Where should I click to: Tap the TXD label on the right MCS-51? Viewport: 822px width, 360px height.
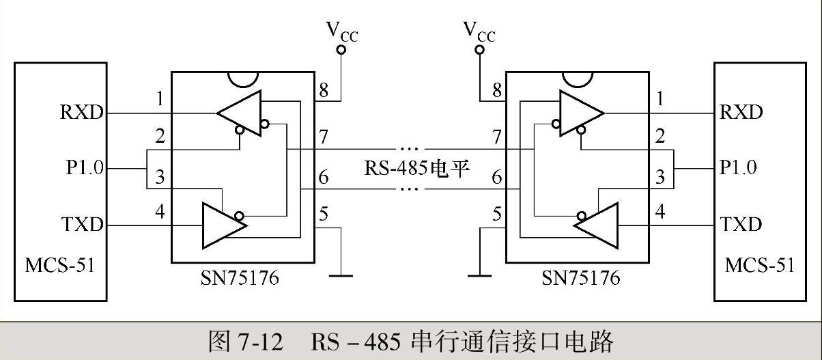pos(741,224)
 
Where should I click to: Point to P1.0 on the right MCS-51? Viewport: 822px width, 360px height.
pos(738,168)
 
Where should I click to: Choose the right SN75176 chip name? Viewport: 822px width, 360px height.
pos(580,279)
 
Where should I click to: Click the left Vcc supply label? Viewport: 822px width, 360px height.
pos(341,31)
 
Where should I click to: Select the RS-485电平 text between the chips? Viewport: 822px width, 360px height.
pos(416,168)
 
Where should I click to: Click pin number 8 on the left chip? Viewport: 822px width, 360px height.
pos(323,89)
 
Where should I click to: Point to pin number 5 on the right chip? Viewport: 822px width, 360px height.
pos(496,214)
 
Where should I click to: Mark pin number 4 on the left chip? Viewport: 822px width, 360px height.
pos(160,212)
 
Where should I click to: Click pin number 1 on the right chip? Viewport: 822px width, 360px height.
pos(660,100)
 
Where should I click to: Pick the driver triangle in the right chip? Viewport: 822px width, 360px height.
pos(595,224)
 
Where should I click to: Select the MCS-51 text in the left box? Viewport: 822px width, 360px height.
pos(60,264)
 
